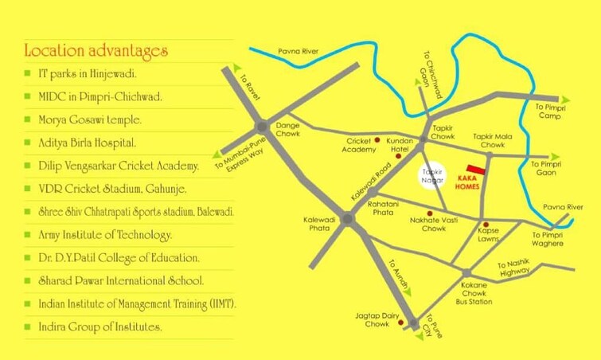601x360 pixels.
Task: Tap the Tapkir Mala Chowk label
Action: point(489,140)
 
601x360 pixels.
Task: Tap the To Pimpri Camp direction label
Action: point(549,112)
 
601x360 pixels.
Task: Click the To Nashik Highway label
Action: point(514,269)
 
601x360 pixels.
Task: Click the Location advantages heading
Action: point(96,51)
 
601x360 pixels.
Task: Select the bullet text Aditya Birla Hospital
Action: point(88,143)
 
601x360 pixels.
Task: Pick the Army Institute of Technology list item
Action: point(105,235)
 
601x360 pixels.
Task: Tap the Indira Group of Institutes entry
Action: point(100,327)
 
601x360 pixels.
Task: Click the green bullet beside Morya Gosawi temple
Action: point(28,120)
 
